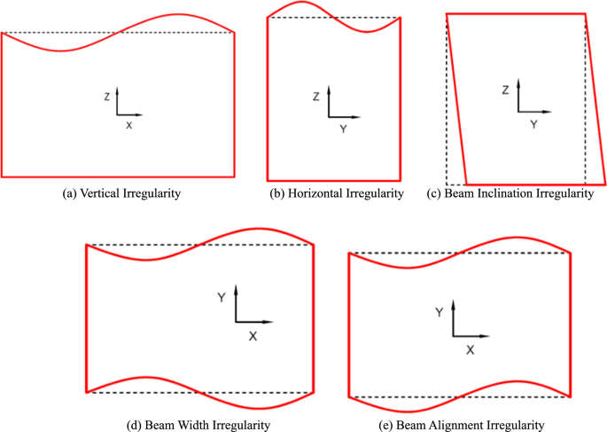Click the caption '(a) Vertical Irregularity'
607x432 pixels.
pos(117,193)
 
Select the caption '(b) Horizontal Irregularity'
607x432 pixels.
pos(336,192)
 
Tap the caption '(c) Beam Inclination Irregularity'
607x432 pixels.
pos(510,193)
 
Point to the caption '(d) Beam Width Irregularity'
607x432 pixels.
pos(199,425)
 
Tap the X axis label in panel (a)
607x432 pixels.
pos(128,126)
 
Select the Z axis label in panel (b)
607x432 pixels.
pos(315,97)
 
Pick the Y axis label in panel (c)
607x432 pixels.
pos(533,125)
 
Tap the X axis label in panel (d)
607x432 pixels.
pos(253,336)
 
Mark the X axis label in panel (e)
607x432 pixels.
pos(471,350)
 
